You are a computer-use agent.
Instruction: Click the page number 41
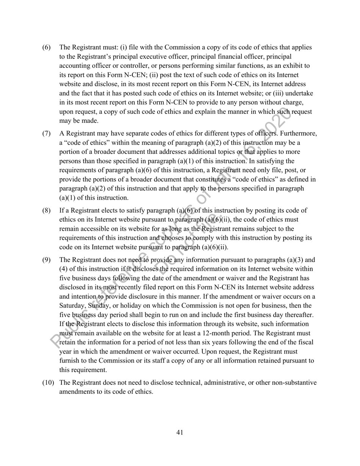[180, 432]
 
